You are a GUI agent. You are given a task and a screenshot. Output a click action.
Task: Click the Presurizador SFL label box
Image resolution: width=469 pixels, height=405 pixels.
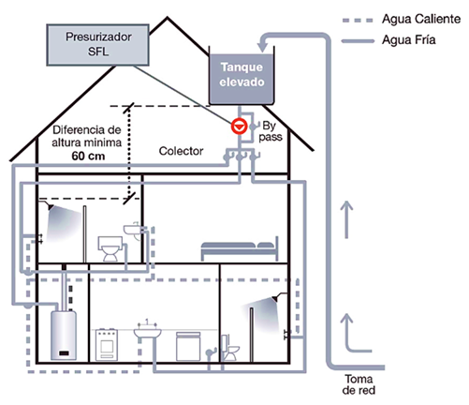97,45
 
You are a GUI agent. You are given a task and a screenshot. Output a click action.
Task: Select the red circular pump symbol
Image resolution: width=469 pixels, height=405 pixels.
239,127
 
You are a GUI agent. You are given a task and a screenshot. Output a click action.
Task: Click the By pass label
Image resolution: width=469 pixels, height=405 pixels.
271,131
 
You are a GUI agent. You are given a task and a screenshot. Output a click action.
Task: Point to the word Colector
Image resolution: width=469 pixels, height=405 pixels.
181,151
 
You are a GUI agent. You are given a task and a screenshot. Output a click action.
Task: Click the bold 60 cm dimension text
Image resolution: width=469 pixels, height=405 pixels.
88,156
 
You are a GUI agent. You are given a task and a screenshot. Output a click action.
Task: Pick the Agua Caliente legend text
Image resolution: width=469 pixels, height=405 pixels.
421,19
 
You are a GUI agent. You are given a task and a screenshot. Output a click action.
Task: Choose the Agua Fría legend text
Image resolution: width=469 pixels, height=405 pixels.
409,40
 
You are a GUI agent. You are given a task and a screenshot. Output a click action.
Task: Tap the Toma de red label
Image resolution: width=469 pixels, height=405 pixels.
359,384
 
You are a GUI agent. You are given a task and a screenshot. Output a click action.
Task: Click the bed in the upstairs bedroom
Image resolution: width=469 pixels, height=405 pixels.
240,248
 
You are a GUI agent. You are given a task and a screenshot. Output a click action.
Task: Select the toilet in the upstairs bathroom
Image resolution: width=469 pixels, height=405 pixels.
110,248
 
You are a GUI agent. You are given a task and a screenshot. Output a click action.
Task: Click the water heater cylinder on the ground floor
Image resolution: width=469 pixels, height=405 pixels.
64,335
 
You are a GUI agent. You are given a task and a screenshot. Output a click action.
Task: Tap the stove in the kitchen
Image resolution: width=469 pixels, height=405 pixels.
107,344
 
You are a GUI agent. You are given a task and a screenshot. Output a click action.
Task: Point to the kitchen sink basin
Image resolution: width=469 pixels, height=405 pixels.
148,333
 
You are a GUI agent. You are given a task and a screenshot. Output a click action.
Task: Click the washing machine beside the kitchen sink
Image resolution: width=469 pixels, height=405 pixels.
188,347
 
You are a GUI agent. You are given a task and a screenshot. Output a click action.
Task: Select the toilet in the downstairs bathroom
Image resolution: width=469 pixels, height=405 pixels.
230,348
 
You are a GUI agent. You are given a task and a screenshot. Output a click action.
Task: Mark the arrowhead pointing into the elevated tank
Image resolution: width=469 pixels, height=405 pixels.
263,47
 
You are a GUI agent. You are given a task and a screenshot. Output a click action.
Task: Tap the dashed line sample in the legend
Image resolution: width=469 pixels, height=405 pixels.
358,21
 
